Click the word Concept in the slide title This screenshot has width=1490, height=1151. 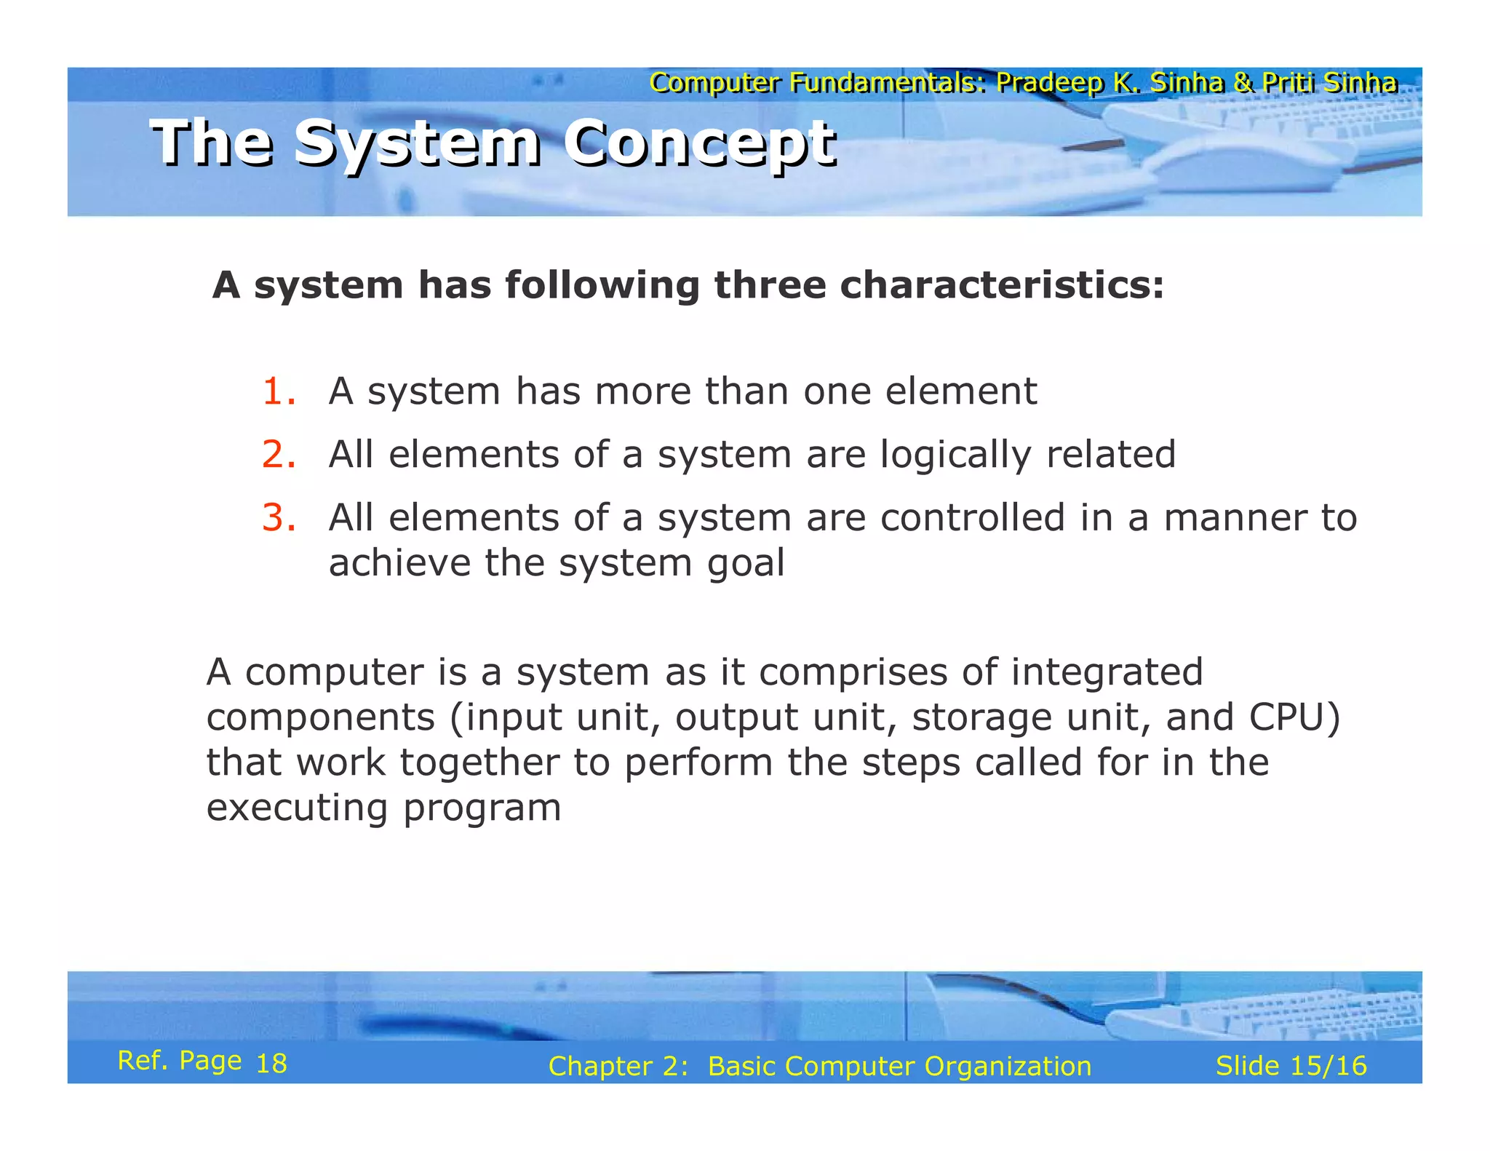[x=700, y=143]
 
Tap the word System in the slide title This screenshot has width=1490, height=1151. [x=418, y=143]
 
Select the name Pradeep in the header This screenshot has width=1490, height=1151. [x=1050, y=83]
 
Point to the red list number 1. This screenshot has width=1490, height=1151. [x=279, y=391]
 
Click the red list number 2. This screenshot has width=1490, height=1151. [x=279, y=455]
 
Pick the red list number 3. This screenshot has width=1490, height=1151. [x=279, y=518]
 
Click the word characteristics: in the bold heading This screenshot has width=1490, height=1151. [x=1002, y=284]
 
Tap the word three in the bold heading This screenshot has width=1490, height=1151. [x=770, y=284]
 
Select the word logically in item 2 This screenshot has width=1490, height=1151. [x=955, y=455]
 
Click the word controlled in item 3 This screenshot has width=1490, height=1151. [x=973, y=518]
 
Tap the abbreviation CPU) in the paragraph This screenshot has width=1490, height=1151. [x=1294, y=717]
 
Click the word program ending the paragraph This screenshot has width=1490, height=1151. [x=482, y=809]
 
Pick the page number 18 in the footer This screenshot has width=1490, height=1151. [x=271, y=1064]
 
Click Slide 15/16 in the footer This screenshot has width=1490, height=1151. [x=1291, y=1066]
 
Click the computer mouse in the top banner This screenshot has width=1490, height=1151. [x=1237, y=164]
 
